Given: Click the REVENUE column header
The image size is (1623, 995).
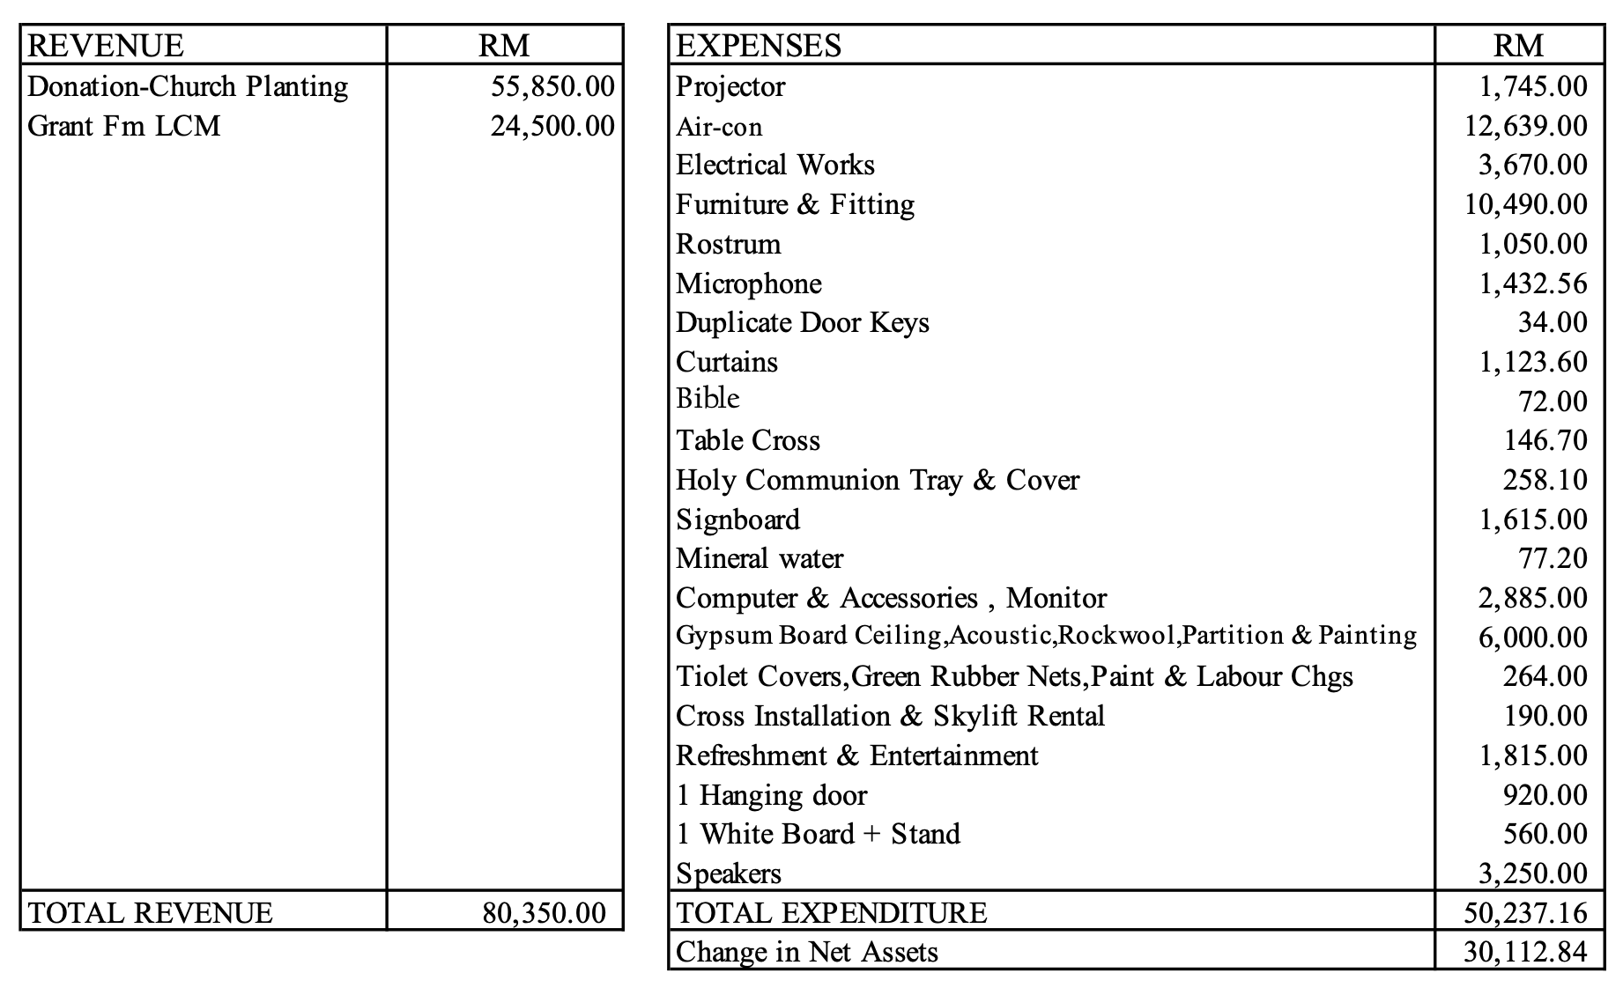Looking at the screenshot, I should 106,46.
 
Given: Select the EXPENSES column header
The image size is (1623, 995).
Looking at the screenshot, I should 759,46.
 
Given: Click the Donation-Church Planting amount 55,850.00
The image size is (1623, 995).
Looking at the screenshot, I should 552,86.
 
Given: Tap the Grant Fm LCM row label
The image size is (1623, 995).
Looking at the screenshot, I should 124,126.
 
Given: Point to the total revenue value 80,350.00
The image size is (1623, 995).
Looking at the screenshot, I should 544,912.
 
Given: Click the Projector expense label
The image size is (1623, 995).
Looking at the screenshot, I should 730,86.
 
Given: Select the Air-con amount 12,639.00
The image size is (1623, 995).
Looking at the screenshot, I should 1525,126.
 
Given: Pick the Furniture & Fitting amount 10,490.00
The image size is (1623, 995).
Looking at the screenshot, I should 1525,204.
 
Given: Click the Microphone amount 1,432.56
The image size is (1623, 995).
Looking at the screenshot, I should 1532,284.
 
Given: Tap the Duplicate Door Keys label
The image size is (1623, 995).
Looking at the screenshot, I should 803,322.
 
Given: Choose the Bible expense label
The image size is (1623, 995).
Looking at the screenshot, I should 708,399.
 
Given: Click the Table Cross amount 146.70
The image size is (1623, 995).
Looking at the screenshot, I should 1545,440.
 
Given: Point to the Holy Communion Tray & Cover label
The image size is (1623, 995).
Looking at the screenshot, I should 878,480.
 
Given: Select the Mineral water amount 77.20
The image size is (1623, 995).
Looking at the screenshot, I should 1552,558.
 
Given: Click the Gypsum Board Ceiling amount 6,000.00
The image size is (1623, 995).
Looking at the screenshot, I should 1532,638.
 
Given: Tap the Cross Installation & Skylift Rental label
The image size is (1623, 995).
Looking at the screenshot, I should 890,716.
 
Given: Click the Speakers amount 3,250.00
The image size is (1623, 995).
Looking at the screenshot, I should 1532,873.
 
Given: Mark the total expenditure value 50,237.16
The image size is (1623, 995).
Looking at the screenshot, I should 1525,912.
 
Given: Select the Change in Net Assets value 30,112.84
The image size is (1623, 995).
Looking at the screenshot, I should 1525,952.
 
